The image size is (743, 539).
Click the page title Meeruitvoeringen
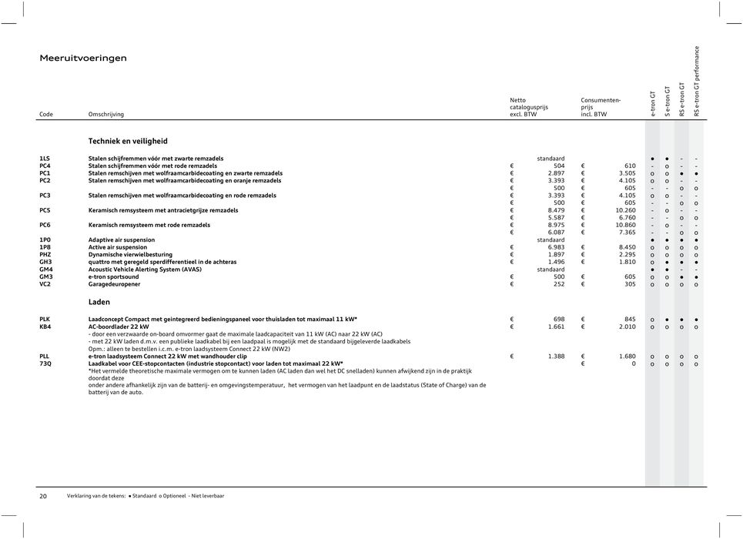click(83, 58)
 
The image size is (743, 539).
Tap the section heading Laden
click(99, 302)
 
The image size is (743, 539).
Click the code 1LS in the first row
click(45, 158)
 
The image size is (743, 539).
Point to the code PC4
click(45, 166)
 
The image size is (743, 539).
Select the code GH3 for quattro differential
click(45, 262)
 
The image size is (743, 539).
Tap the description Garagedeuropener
click(114, 284)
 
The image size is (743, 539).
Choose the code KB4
click(45, 326)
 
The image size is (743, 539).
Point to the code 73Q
click(45, 363)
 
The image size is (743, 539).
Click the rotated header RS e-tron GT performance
click(697, 81)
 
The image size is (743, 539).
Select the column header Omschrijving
click(105, 114)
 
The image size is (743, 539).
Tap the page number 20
click(44, 497)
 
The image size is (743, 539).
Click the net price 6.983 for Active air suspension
click(553, 247)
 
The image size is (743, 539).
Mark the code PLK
click(45, 319)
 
